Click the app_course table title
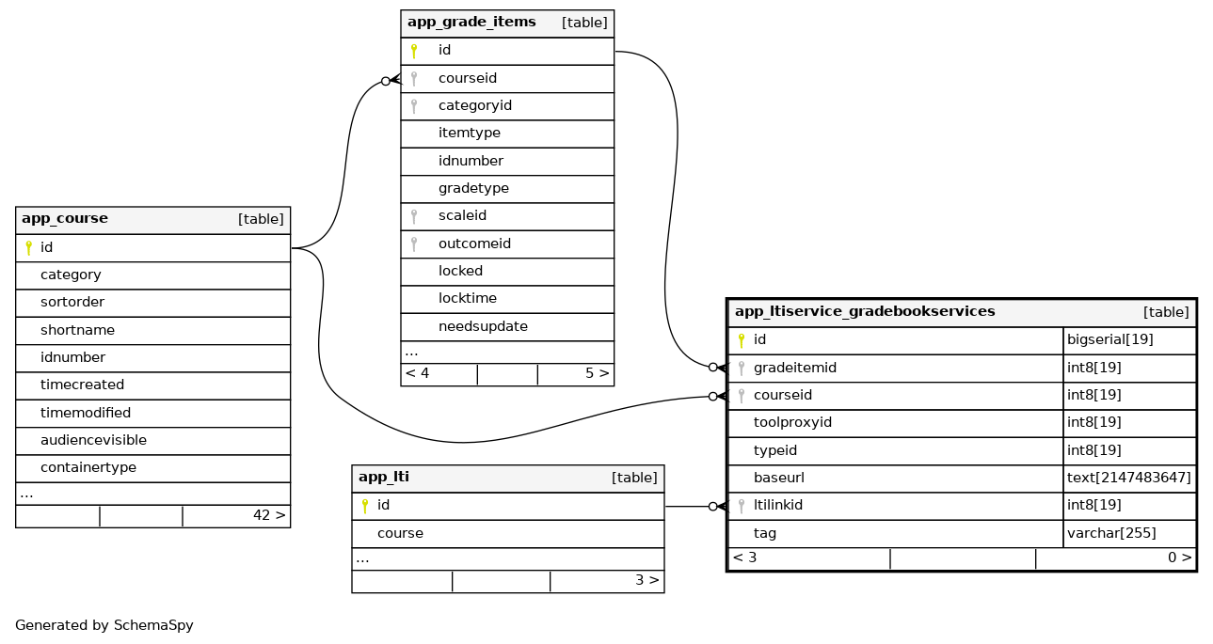(65, 219)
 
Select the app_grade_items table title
(471, 23)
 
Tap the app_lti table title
(384, 478)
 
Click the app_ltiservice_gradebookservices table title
(864, 312)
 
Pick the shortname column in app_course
(77, 330)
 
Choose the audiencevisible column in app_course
(93, 440)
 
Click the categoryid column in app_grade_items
(474, 105)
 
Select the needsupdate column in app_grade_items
(483, 326)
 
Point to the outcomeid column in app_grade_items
(474, 243)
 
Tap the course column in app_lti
(400, 533)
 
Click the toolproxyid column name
(792, 422)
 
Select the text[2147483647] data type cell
(1128, 478)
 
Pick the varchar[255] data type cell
(1111, 533)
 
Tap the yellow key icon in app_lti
(365, 506)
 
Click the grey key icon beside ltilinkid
(742, 506)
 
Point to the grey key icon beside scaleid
(414, 216)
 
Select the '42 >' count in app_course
(269, 515)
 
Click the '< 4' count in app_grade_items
(417, 373)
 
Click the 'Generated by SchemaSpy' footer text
(104, 625)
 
